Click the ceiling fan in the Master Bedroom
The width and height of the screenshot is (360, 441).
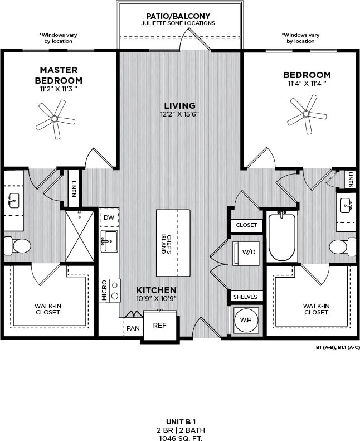[x=55, y=119]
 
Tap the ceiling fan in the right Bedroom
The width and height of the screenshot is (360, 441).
[x=306, y=114]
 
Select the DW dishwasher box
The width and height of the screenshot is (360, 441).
[x=109, y=217]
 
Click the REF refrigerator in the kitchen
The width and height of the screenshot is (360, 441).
[x=159, y=326]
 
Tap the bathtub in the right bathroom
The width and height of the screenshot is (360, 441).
[x=282, y=236]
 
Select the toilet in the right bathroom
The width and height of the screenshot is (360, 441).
[x=342, y=246]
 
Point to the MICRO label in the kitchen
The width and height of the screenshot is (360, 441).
[x=104, y=290]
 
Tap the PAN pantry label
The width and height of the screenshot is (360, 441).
[x=133, y=328]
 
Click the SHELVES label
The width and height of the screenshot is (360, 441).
[x=245, y=297]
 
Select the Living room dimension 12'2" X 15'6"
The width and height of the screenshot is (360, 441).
[x=179, y=114]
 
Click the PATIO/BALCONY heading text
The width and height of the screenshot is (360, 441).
[x=179, y=16]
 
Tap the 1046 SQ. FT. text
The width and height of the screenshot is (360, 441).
[x=179, y=437]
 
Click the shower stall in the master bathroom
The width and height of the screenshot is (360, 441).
[x=80, y=236]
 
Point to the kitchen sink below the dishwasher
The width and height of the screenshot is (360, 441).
[x=109, y=241]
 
